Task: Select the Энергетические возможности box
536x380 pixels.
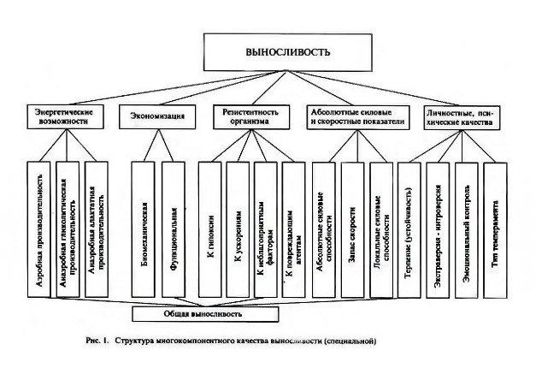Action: coord(63,117)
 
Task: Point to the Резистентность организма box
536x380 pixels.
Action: coord(253,117)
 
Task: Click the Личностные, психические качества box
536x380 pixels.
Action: coord(462,117)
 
